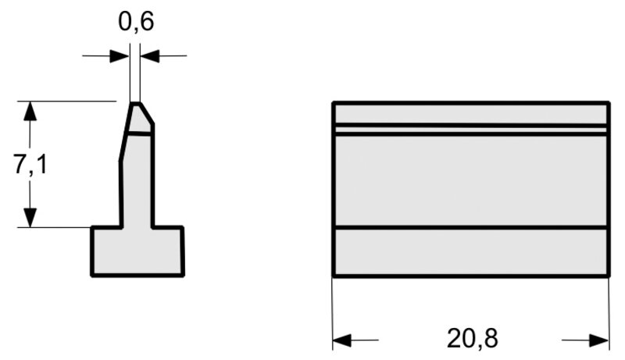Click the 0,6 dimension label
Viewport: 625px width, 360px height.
(x=136, y=22)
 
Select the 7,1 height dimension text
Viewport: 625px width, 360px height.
(x=30, y=164)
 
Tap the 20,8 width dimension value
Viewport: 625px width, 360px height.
(x=473, y=339)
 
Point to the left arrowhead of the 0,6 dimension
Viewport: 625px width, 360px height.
(x=120, y=55)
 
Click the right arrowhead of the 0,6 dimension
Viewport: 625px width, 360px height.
(x=150, y=55)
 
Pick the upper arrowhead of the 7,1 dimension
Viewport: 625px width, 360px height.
(x=30, y=111)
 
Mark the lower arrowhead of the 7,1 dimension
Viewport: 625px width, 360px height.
(x=30, y=218)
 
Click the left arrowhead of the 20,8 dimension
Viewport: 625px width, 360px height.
(x=342, y=340)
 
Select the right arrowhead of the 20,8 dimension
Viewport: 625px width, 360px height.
(x=599, y=340)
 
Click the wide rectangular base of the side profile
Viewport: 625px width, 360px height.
(x=137, y=251)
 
